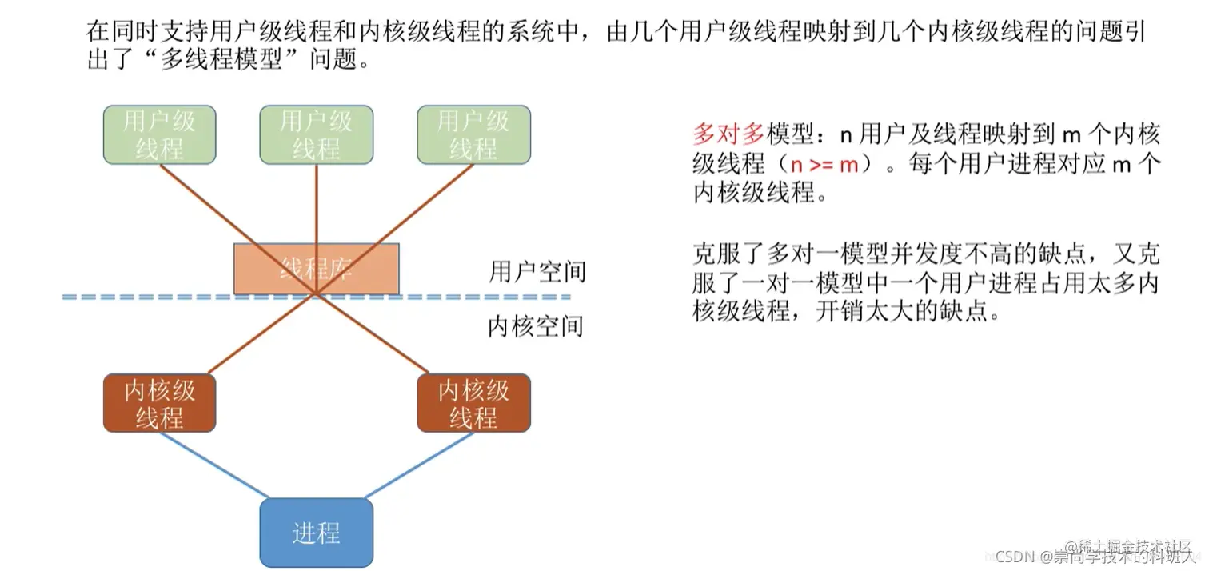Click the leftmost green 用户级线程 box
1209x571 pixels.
click(159, 134)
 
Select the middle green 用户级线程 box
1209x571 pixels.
click(317, 134)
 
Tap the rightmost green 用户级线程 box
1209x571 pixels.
click(473, 134)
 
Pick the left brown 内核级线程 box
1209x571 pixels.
click(159, 403)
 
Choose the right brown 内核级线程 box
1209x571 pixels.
click(473, 403)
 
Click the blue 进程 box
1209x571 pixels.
click(317, 533)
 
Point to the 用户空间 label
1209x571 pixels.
click(537, 272)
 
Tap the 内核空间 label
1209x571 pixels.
click(536, 326)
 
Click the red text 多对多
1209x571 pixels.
click(728, 133)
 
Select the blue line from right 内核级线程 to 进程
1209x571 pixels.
click(420, 465)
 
